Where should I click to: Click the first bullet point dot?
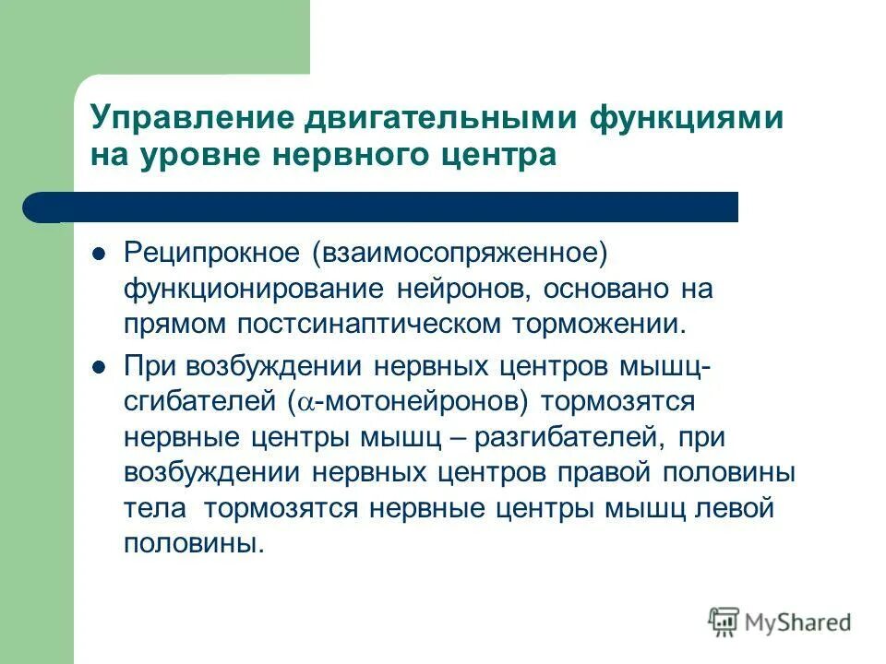pos(101,254)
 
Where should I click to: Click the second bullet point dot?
pos(101,366)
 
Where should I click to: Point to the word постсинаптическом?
pos(384,325)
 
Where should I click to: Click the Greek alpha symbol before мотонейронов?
pos(306,403)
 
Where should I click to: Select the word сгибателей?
pos(198,402)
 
